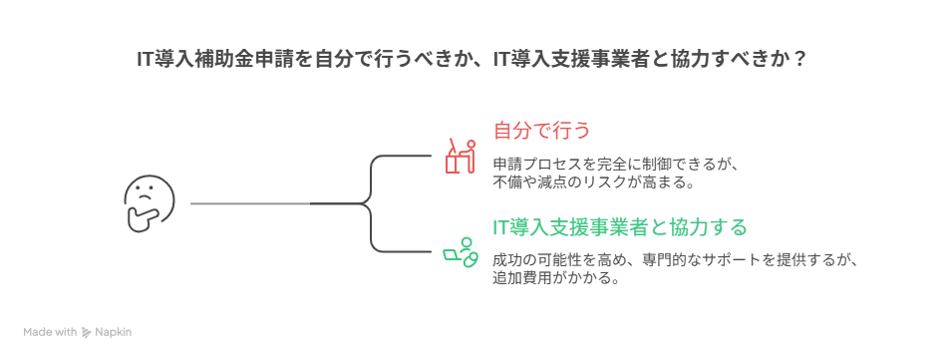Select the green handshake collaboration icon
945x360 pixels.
tap(460, 250)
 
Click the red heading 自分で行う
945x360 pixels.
tap(543, 131)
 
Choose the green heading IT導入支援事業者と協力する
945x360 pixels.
tap(619, 227)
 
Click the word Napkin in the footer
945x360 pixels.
tap(115, 332)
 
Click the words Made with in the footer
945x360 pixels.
tap(51, 332)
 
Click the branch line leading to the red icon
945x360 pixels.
tap(399, 157)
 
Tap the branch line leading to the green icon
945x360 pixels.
tap(399, 250)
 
